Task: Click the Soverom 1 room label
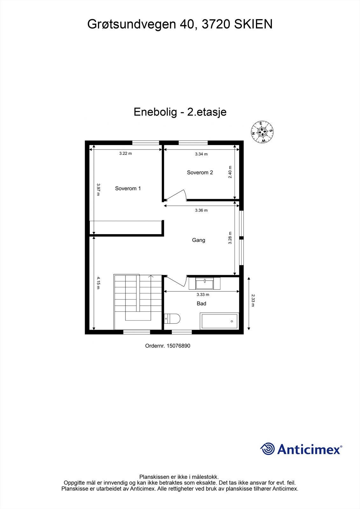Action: [128, 188]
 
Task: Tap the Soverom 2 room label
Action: [200, 172]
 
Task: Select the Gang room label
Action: [198, 240]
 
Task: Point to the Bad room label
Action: [201, 303]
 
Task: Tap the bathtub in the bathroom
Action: [219, 321]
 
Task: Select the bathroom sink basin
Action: [204, 283]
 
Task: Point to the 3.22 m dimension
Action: [125, 153]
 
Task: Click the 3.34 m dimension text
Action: [201, 154]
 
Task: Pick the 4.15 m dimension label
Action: [99, 283]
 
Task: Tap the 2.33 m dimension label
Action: [253, 300]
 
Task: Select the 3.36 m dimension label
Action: [201, 210]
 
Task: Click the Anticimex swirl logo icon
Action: [267, 449]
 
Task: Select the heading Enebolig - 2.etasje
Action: [180, 112]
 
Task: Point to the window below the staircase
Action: [136, 332]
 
